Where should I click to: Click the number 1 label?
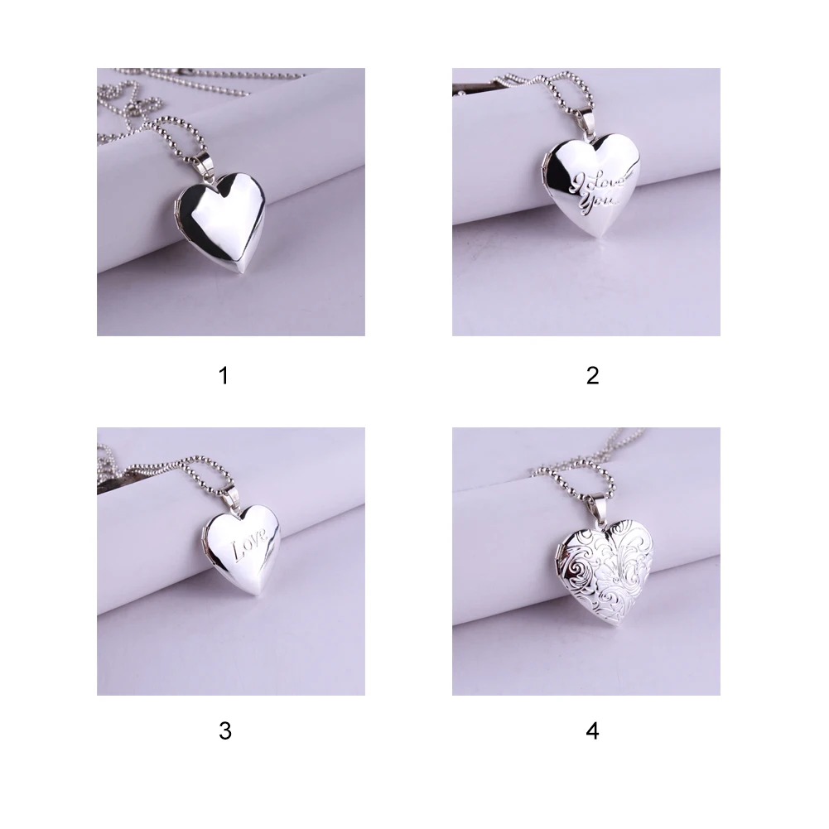(x=222, y=376)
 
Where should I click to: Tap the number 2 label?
(x=592, y=376)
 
